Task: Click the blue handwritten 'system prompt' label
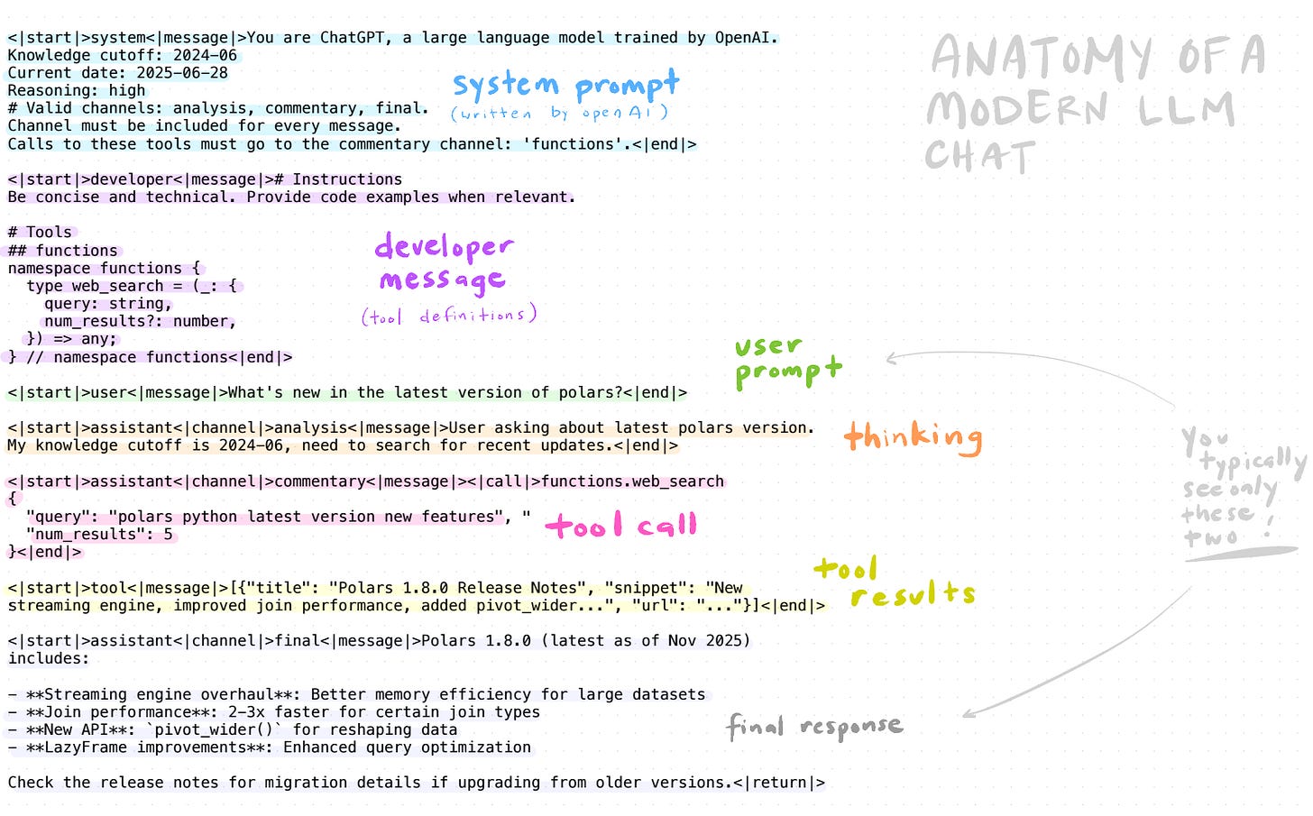565,85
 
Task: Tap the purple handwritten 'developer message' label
443,263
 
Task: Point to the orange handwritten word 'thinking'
913,437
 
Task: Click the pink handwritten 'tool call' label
621,525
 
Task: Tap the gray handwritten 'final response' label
814,726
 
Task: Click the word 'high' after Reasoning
126,90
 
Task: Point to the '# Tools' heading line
40,233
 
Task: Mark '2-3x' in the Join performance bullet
245,712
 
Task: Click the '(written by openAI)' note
559,114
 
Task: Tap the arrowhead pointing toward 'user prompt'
891,359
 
